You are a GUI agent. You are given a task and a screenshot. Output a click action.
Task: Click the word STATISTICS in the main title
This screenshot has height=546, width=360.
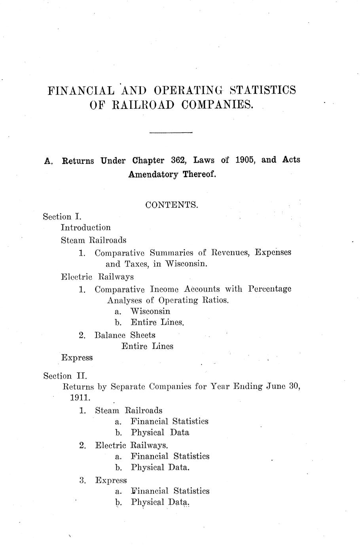[x=263, y=90]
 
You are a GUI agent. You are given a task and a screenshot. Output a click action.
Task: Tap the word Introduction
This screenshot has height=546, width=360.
[x=86, y=227]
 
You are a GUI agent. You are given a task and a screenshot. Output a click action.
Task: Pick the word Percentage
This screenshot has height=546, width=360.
[x=270, y=289]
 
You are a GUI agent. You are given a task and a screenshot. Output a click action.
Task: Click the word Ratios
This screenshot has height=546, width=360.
[x=216, y=300]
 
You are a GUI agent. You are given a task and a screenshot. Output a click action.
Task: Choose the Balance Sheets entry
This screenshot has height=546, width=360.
[x=125, y=335]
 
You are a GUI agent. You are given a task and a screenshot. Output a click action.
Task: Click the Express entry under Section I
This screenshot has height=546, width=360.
[x=77, y=358]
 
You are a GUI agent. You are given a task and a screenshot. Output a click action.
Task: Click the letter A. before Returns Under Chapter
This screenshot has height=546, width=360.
[x=48, y=161]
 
